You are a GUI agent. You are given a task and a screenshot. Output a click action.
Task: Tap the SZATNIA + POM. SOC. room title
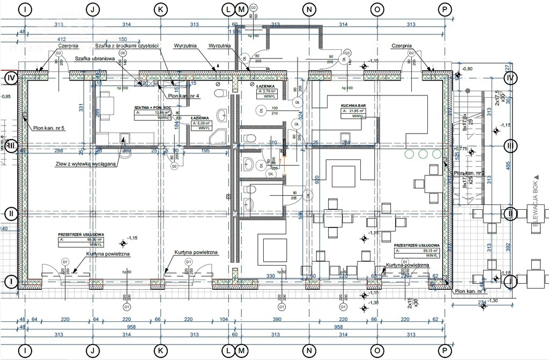tap(153, 108)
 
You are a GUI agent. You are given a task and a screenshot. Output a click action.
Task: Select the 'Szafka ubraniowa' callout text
tap(95, 58)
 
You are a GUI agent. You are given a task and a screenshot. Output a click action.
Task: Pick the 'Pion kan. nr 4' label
tap(183, 96)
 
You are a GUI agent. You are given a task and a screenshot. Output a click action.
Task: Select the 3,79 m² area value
tap(269, 91)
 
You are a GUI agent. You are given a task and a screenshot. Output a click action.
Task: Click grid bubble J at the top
tap(93, 9)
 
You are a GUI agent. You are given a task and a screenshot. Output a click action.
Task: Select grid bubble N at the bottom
tap(308, 351)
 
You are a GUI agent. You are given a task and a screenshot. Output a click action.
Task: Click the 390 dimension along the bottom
tap(278, 319)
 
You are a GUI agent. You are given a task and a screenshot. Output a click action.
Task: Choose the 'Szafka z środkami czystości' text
tap(127, 46)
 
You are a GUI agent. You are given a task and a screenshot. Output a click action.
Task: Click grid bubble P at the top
tap(444, 9)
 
